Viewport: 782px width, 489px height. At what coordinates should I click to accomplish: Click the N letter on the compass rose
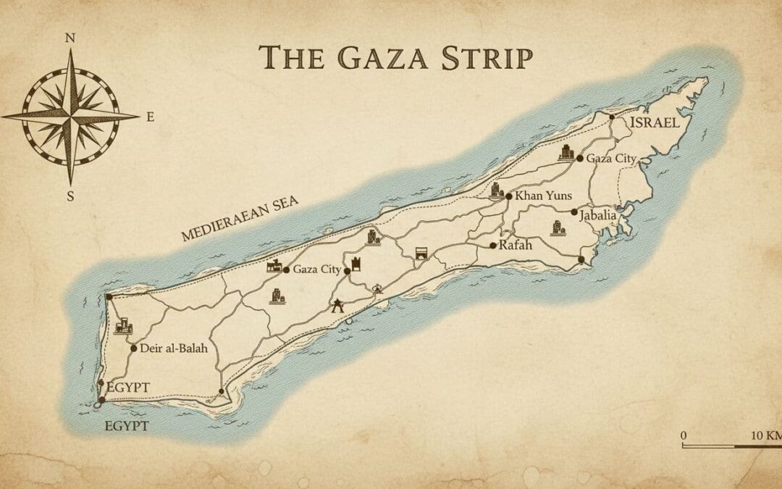70,38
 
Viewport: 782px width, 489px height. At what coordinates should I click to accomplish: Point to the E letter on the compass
150,116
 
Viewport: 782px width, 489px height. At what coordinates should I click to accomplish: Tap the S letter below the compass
70,195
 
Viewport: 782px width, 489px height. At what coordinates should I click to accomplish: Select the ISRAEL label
655,122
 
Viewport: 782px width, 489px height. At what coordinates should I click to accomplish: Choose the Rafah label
516,246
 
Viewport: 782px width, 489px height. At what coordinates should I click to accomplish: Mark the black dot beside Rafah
493,246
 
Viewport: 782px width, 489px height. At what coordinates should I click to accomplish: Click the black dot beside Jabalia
574,212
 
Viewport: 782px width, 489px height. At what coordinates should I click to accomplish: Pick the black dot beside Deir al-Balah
134,348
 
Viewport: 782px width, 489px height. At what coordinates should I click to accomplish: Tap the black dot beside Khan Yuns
510,196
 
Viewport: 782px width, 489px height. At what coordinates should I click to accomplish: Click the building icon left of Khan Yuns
497,191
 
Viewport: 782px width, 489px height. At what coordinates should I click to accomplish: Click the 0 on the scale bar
684,435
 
